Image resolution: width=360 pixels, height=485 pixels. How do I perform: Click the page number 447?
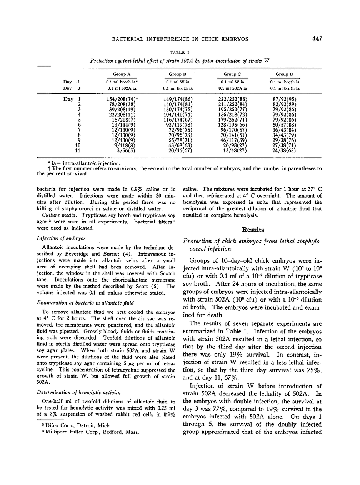click(317, 38)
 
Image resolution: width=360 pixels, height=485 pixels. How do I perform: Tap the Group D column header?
click(285, 74)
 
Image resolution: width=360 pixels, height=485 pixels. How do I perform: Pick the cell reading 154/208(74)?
click(122, 99)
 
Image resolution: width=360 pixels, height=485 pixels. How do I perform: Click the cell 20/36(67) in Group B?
click(181, 151)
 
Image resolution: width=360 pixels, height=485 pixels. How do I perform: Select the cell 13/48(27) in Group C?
click(235, 151)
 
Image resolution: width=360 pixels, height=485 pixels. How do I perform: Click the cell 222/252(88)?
click(235, 99)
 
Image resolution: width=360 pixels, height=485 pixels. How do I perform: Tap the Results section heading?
click(253, 230)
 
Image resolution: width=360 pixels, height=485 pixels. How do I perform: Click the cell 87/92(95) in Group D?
click(285, 99)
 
